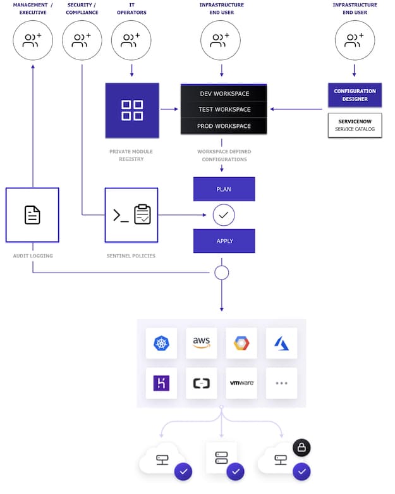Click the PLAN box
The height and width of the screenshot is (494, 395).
click(224, 189)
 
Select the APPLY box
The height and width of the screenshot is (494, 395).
click(224, 241)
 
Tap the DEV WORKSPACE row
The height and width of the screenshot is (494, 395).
click(224, 94)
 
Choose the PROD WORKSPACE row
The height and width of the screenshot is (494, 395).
click(224, 126)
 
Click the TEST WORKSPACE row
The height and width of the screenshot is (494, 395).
click(224, 109)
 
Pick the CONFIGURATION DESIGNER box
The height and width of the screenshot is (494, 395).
click(355, 95)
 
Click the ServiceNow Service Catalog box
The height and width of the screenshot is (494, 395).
click(355, 125)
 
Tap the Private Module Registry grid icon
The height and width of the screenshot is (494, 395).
click(132, 110)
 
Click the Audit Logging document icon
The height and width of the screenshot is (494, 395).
click(32, 215)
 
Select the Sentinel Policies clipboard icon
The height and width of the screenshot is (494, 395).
click(142, 214)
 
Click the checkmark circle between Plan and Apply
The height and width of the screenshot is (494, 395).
click(224, 215)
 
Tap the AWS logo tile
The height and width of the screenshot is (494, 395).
click(202, 343)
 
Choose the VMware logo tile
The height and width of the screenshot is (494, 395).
click(241, 383)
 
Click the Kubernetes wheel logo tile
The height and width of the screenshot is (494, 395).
click(161, 343)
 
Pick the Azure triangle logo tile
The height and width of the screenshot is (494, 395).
click(281, 343)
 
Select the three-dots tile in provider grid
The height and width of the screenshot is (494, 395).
click(281, 383)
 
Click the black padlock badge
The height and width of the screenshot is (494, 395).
click(301, 448)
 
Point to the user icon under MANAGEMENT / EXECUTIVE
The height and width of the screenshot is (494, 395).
click(32, 41)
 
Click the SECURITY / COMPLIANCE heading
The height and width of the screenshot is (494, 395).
click(82, 8)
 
